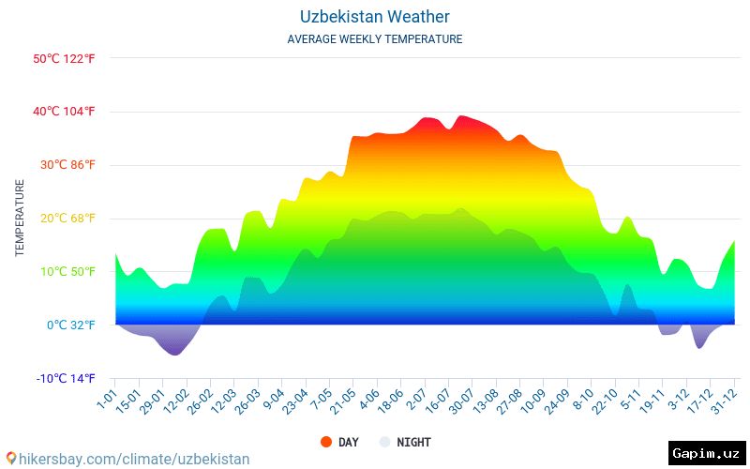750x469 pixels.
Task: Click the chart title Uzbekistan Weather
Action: [374, 17]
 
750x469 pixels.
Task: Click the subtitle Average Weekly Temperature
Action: [374, 39]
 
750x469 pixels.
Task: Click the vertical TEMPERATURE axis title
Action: [20, 219]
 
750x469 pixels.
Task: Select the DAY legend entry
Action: [348, 442]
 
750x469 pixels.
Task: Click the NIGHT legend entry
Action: [413, 442]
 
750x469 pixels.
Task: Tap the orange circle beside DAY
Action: [326, 442]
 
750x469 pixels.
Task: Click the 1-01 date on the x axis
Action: [107, 399]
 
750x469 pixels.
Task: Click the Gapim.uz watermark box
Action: [707, 453]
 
